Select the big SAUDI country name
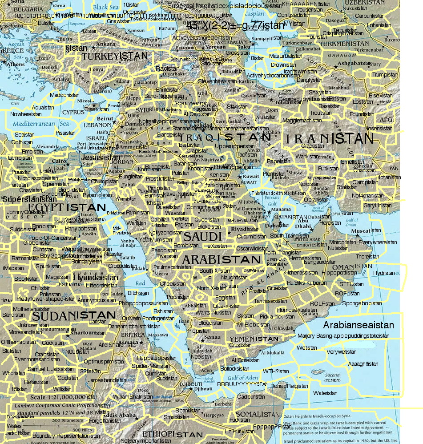202,236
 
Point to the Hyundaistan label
96,278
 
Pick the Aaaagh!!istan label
363,363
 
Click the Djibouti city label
203,389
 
